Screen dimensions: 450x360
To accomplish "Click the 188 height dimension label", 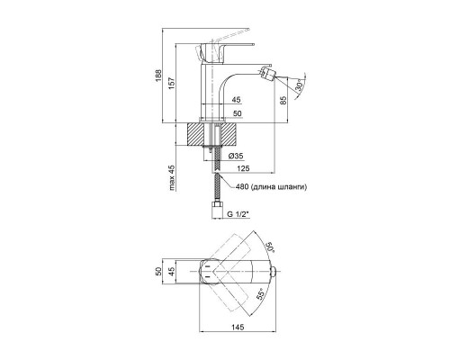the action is (158, 76).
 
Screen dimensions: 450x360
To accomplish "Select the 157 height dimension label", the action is (171, 83).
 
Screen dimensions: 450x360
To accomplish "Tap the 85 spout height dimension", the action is (283, 100).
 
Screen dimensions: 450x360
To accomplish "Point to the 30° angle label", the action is (300, 85).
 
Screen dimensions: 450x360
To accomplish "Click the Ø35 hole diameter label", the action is (236, 156).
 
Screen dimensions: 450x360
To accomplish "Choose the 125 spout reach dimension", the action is (243, 168).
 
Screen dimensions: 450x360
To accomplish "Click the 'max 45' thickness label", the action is (171, 178).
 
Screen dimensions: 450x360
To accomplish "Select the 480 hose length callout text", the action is (271, 187).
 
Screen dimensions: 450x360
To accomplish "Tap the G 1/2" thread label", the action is (238, 214).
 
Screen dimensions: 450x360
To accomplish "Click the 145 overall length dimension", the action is (238, 327).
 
